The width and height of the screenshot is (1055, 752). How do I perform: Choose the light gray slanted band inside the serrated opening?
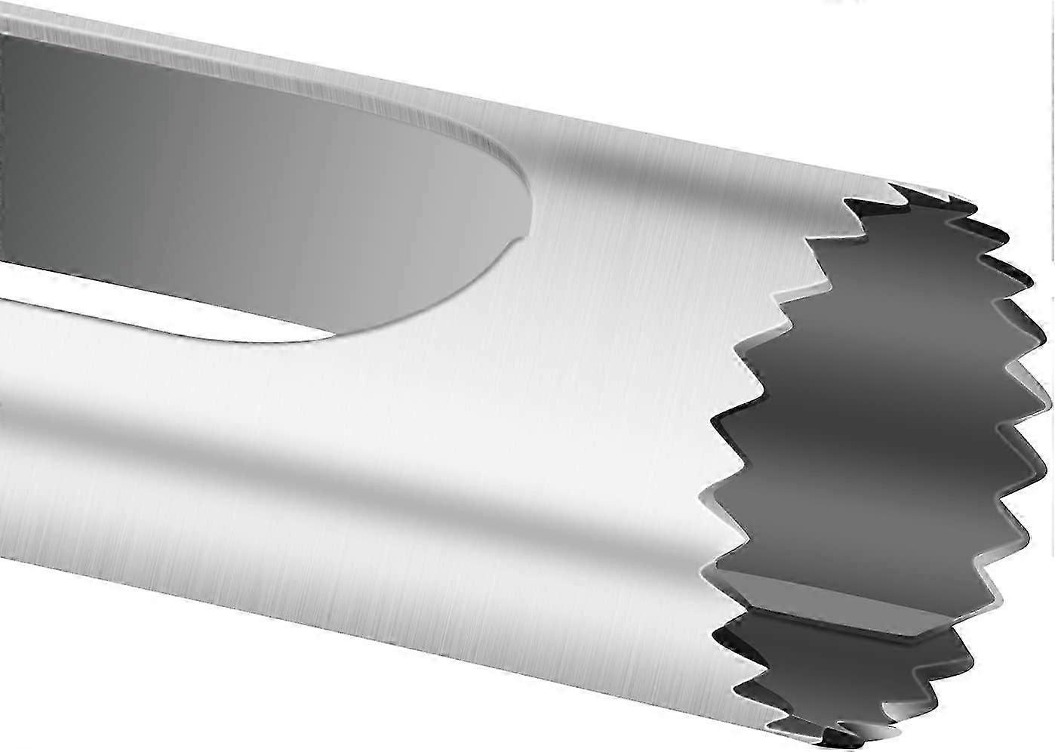pos(830,596)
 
